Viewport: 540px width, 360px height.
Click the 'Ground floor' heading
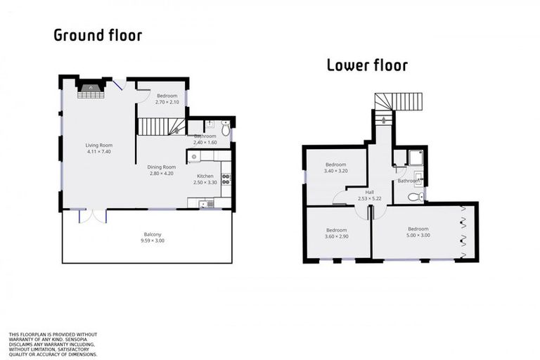[x=98, y=35]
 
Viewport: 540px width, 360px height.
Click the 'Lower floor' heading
[x=367, y=66]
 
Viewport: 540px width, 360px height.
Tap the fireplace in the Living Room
[x=91, y=89]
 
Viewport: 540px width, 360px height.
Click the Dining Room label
[x=160, y=167]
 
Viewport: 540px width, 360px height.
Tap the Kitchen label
[x=205, y=176]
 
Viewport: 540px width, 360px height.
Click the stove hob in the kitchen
[x=226, y=178]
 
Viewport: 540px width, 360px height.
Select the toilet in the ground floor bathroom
[x=225, y=129]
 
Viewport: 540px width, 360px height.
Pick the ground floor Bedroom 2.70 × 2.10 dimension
[x=167, y=102]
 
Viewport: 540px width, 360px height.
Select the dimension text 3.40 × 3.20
[x=335, y=171]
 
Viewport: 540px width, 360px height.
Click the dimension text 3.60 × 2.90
[x=336, y=237]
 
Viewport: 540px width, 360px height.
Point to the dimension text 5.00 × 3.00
[x=418, y=235]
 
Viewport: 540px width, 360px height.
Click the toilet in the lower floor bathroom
[x=416, y=197]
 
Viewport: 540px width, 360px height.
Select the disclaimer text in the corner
[x=53, y=345]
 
